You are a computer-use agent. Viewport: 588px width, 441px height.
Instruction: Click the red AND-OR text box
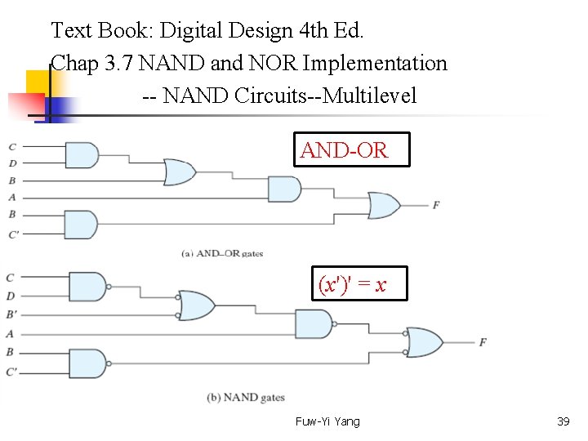351,149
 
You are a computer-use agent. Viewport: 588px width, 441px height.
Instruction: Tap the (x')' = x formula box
352,285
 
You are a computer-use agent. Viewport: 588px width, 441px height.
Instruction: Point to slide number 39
563,421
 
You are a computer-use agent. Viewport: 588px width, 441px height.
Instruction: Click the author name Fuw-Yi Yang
327,421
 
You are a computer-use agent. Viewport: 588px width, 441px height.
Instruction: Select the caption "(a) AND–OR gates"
222,253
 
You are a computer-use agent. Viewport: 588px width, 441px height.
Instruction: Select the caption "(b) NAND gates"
246,398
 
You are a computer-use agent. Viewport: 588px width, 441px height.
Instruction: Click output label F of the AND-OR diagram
436,204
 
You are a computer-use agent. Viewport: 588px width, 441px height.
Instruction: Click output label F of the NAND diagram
483,342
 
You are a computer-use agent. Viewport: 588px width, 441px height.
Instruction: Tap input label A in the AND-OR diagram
11,197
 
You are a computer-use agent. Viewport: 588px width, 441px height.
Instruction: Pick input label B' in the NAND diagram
11,314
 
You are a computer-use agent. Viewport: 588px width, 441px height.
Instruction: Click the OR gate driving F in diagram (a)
383,205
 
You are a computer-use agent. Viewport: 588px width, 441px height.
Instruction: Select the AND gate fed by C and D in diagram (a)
80,155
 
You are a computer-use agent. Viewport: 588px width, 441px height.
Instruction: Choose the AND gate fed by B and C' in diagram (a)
80,224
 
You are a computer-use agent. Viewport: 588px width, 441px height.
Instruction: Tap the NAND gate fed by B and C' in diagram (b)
91,363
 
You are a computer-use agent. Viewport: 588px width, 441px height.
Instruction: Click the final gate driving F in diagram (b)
424,342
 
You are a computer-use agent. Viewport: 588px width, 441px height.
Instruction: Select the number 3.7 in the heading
120,64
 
